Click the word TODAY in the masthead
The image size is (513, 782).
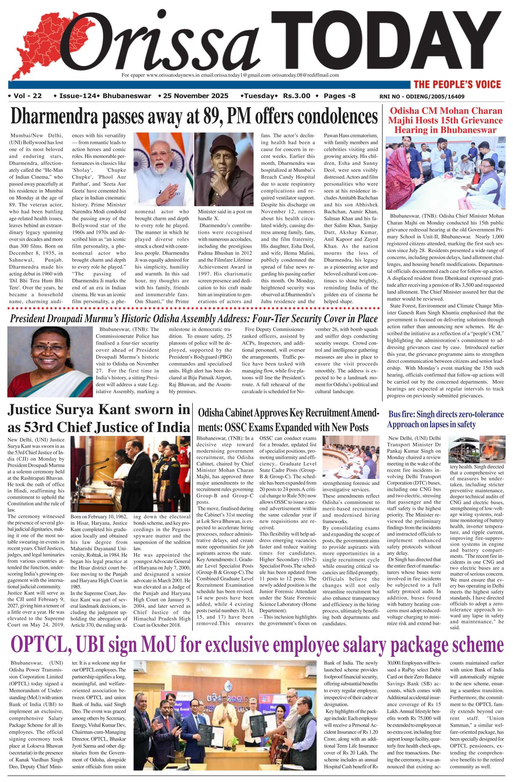coord(387,41)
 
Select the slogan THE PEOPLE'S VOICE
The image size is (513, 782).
coord(457,85)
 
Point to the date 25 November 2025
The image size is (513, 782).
coord(195,96)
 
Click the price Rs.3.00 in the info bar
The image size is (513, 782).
coord(297,96)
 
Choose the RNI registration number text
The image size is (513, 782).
coord(422,97)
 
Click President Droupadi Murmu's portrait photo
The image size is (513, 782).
coord(50,361)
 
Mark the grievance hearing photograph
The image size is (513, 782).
coord(445,173)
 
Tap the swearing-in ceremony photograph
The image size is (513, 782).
coord(130,474)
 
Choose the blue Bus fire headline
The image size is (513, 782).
coord(445,419)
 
